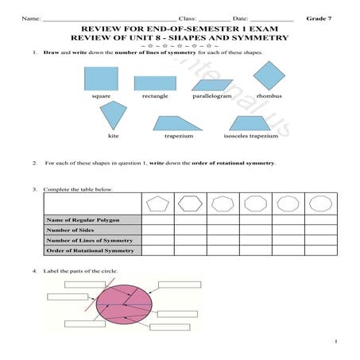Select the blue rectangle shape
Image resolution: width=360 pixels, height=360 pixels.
click(155, 83)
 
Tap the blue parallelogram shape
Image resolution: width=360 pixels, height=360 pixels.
click(212, 83)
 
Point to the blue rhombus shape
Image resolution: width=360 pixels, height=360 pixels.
click(269, 75)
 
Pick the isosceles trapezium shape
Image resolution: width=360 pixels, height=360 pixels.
click(255, 122)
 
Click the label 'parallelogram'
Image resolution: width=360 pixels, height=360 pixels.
click(212, 95)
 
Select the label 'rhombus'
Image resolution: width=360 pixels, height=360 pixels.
click(269, 95)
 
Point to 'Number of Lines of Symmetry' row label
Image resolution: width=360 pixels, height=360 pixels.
click(89, 240)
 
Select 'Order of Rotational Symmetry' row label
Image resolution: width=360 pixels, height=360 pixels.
click(89, 250)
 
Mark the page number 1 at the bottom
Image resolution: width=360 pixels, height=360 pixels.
click(337, 343)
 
